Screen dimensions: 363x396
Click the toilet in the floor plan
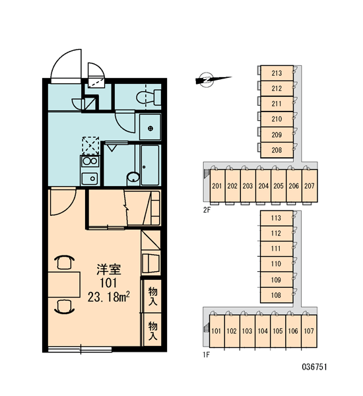tap(148, 98)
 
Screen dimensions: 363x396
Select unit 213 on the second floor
tap(277, 73)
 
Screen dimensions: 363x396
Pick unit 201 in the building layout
tap(217, 186)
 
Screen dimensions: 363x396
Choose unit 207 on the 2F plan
tap(310, 186)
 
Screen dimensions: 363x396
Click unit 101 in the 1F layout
tap(216, 331)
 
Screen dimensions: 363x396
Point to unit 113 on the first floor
tap(277, 218)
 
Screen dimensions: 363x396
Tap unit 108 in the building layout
tap(277, 295)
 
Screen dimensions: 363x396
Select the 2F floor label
tap(207, 210)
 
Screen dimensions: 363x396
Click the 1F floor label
tap(206, 355)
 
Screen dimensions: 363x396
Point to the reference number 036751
tap(315, 367)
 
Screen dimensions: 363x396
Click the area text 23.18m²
tap(109, 297)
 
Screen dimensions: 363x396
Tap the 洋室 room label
tap(109, 269)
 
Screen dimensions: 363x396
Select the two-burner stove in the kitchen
tap(90, 161)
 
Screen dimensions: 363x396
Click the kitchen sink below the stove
tap(90, 178)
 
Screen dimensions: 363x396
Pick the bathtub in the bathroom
tap(150, 165)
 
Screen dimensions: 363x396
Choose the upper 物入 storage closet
tap(152, 296)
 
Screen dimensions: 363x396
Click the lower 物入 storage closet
tap(152, 330)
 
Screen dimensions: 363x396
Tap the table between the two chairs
tap(64, 284)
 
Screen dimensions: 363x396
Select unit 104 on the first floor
tap(263, 331)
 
